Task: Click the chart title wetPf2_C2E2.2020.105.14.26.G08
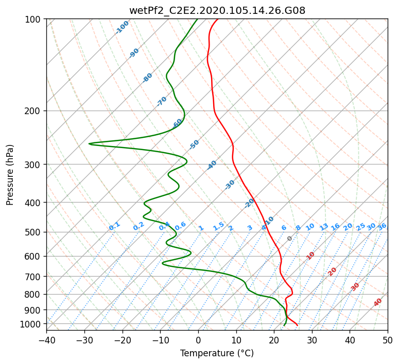point(217,10)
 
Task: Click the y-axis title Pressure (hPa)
point(10,175)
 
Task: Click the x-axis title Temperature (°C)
point(217,353)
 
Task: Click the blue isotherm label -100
point(122,27)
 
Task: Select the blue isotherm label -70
point(161,101)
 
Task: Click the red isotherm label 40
point(377,302)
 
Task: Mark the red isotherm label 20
point(332,272)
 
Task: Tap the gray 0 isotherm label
point(289,239)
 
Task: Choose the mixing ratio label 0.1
point(114,226)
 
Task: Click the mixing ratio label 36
point(382,227)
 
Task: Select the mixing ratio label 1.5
point(219,226)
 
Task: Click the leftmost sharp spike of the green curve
point(89,144)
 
